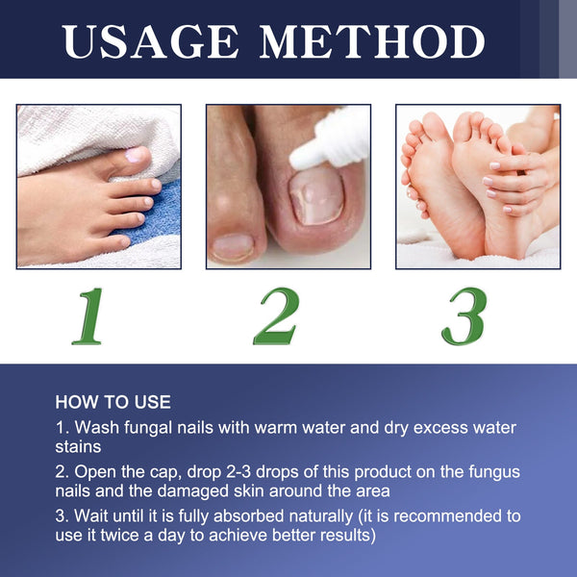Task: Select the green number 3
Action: [x=467, y=314]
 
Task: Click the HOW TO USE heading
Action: [x=113, y=402]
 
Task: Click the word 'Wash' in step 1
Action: [x=95, y=427]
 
